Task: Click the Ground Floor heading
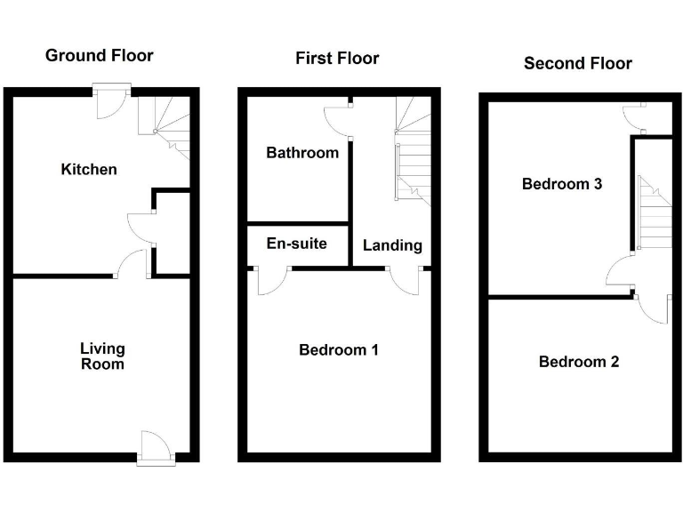pos(99,56)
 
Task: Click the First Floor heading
pos(337,59)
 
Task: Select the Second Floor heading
pos(577,63)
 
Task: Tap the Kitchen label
pos(88,169)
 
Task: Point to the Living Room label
pos(102,356)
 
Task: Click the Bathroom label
pos(302,153)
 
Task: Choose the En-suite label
pos(297,244)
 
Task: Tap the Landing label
pos(392,245)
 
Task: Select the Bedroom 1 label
pos(338,350)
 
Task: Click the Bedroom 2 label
pos(579,362)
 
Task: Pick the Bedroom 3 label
pos(562,185)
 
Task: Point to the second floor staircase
pos(653,213)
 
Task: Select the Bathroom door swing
pos(338,121)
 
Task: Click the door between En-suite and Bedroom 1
pos(269,280)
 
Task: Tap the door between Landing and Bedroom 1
pos(406,280)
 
